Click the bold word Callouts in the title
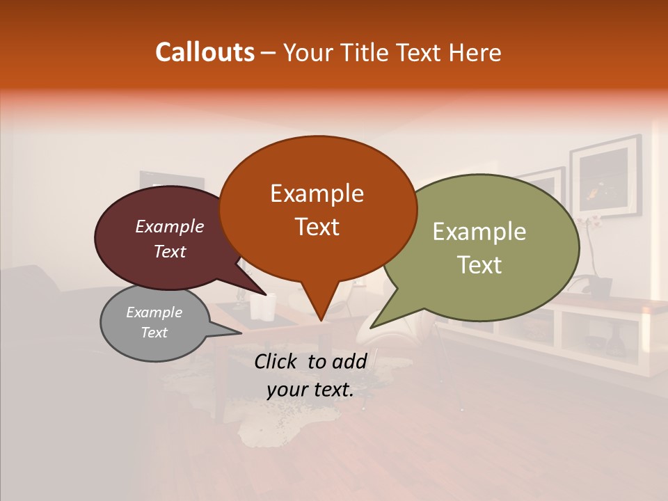(205, 52)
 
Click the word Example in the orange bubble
(317, 193)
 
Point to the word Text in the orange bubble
(317, 227)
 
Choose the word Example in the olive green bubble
(479, 232)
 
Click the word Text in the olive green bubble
(479, 265)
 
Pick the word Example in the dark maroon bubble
(170, 226)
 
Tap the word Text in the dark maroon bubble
(170, 251)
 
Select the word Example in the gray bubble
(154, 312)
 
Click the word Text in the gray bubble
(154, 333)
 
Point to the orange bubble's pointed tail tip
(320, 320)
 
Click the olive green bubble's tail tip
(371, 327)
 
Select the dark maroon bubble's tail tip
(265, 294)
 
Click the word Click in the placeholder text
(278, 361)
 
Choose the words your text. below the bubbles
(310, 390)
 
